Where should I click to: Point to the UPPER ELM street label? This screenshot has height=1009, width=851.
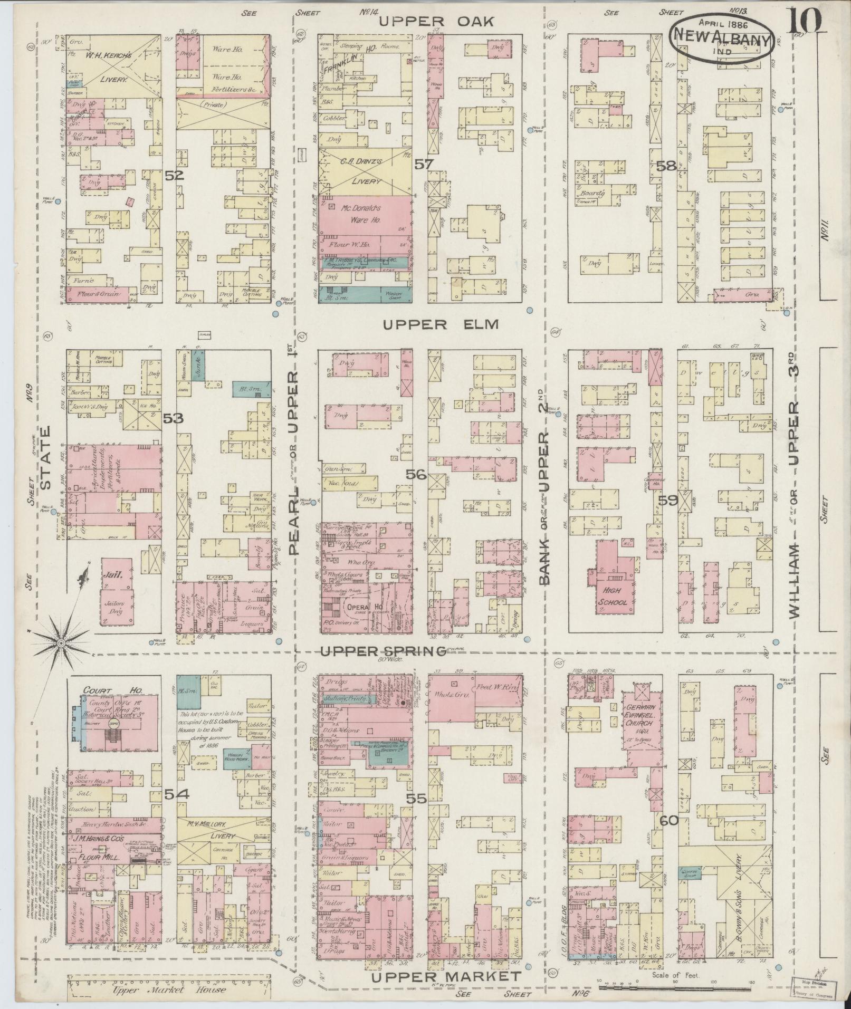(441, 324)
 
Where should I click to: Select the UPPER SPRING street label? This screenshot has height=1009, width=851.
(384, 652)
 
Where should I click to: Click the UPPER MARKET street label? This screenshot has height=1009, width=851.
(445, 977)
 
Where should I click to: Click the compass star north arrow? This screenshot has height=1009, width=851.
(62, 643)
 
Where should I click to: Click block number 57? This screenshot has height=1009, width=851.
(424, 165)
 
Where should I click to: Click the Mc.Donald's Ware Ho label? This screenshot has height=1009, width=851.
(360, 213)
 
